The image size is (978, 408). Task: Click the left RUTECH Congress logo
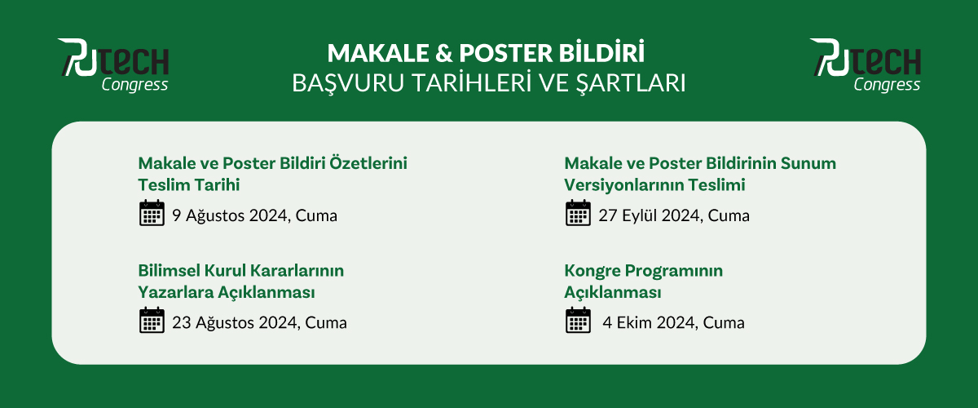pos(113,65)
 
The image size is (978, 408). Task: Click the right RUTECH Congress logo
pos(866,65)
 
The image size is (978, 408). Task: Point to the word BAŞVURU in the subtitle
pos(349,83)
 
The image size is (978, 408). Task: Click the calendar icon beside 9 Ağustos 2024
pos(152,213)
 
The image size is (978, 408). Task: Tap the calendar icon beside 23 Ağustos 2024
pos(152,320)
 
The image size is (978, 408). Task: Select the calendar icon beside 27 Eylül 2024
pos(578,213)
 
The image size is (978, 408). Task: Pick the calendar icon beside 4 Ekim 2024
pos(578,320)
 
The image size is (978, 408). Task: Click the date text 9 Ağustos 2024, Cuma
pos(254,215)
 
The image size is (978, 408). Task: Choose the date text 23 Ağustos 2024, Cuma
pos(259,322)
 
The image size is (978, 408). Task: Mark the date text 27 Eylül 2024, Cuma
pos(674,215)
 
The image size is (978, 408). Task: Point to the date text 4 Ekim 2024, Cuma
pos(673,322)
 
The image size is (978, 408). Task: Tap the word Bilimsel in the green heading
pos(169,271)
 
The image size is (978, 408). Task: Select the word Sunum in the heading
pos(808,163)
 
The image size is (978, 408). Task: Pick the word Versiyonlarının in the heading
pos(622,185)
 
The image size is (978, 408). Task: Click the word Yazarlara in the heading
pos(175,292)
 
